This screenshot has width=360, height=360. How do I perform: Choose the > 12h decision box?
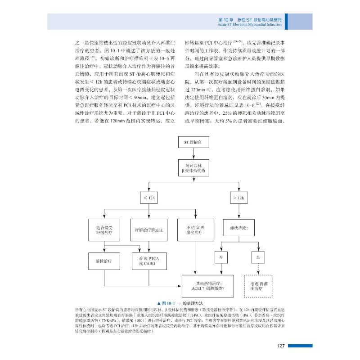[x=238, y=198]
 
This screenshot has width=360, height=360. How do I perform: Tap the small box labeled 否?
[x=221, y=257]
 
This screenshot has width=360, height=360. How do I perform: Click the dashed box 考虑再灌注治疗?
[x=257, y=286]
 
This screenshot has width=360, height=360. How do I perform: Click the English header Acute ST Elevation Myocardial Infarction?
[x=251, y=25]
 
